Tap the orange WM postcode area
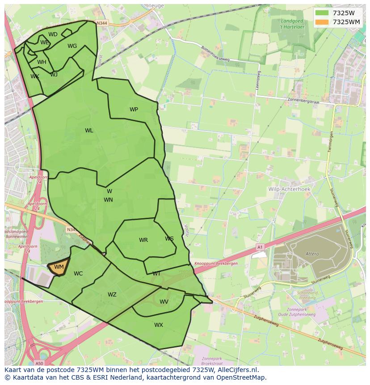(x=59, y=267)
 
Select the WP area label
(x=134, y=110)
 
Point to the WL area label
(x=89, y=131)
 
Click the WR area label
(x=143, y=240)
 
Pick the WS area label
(x=169, y=239)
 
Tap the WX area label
(x=159, y=325)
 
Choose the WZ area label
(x=112, y=295)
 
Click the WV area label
(x=164, y=302)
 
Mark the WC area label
(x=78, y=274)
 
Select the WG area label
(x=72, y=46)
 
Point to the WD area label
(x=53, y=34)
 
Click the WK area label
(x=35, y=76)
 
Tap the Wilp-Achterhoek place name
(x=289, y=189)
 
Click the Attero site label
(x=312, y=254)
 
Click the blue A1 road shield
(x=260, y=246)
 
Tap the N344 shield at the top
(x=102, y=23)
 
